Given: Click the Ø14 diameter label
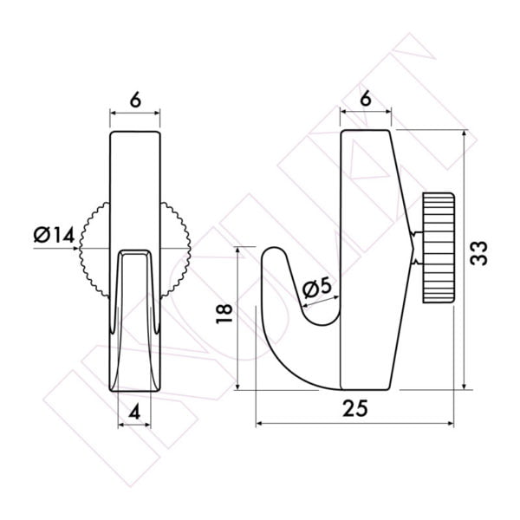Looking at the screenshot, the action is [54, 235].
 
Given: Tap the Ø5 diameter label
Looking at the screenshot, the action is [317, 288].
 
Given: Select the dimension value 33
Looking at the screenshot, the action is [479, 253].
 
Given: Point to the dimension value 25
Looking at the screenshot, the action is [355, 408].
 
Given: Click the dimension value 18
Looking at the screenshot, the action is [224, 314].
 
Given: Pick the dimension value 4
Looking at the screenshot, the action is [134, 413].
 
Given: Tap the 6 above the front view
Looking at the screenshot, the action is [135, 100].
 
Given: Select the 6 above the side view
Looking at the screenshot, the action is [366, 99].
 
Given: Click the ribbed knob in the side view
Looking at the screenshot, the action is [438, 248].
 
